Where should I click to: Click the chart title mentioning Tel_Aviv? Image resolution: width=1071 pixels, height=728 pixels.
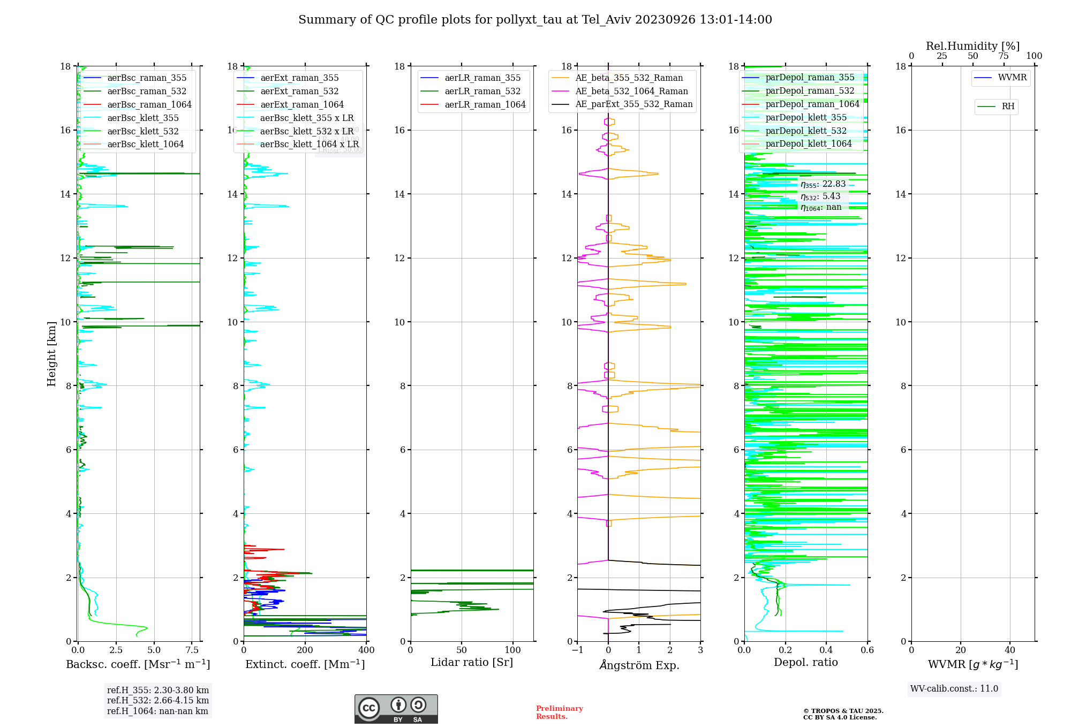coord(535,20)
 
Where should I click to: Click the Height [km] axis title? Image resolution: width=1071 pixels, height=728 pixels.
coord(51,353)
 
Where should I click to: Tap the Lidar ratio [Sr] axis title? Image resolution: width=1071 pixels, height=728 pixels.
coord(472,662)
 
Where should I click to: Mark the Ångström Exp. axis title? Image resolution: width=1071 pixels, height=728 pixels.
coord(639,665)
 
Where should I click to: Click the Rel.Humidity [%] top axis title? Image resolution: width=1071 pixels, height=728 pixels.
coord(972,46)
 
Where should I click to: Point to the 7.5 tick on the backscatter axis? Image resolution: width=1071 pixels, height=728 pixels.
coord(192,650)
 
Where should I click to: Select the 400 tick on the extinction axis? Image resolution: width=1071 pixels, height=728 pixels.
coord(366,650)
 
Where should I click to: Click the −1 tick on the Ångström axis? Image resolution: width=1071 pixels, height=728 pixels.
coord(577,650)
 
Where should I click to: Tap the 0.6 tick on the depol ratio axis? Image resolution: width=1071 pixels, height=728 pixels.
coord(867,650)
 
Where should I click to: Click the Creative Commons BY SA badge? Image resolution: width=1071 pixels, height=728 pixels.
coord(396,709)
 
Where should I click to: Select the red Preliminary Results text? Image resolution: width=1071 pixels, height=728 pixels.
coord(559,712)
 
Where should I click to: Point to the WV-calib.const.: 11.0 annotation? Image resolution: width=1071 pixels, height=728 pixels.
coord(954,689)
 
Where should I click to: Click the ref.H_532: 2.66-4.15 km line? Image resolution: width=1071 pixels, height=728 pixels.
coord(158,701)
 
